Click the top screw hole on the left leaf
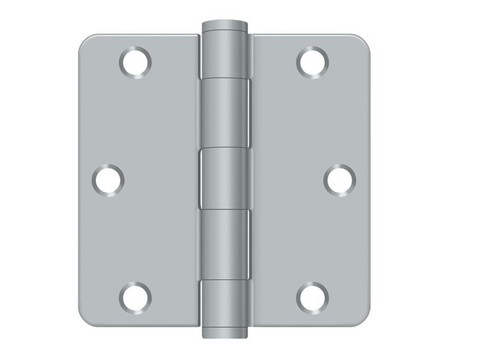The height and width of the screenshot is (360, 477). tap(135, 62)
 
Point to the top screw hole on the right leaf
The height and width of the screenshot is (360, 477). tap(312, 62)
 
